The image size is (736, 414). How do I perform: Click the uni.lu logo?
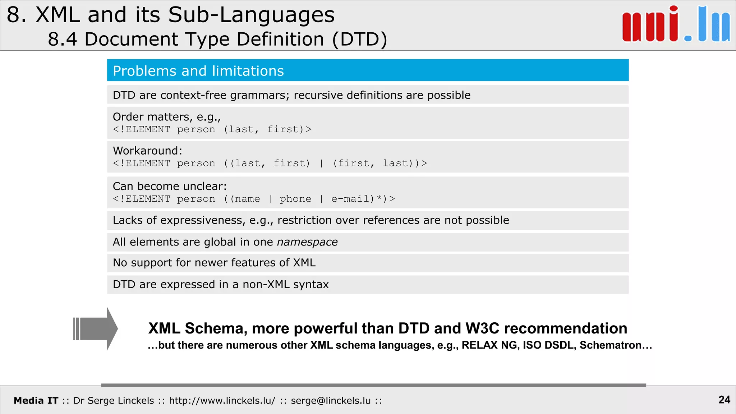pyautogui.click(x=676, y=24)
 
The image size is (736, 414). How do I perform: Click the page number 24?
pyautogui.click(x=724, y=400)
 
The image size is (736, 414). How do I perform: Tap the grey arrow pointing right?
pyautogui.click(x=96, y=328)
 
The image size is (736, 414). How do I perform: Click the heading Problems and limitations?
pyautogui.click(x=198, y=71)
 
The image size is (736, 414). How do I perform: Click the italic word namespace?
pyautogui.click(x=307, y=242)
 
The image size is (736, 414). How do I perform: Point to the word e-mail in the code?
pyautogui.click(x=351, y=199)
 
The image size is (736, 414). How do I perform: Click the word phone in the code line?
pyautogui.click(x=295, y=199)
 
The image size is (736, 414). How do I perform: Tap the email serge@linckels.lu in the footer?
pyautogui.click(x=331, y=400)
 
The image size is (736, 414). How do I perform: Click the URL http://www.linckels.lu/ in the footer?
pyautogui.click(x=222, y=400)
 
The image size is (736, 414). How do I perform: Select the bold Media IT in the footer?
pyautogui.click(x=36, y=400)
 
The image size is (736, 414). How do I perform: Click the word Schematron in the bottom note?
pyautogui.click(x=610, y=345)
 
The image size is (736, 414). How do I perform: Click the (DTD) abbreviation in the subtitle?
pyautogui.click(x=360, y=39)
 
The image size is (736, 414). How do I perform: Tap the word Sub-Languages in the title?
pyautogui.click(x=251, y=15)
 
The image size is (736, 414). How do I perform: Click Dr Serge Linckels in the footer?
pyautogui.click(x=114, y=400)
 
